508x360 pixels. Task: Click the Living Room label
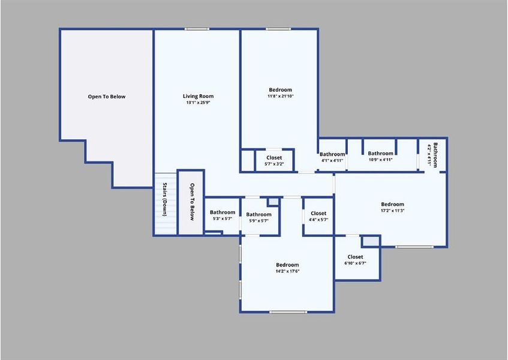click(198, 96)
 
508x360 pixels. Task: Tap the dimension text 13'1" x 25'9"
click(198, 103)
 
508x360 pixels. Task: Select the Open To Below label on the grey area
click(107, 97)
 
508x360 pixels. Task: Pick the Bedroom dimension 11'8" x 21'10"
click(280, 96)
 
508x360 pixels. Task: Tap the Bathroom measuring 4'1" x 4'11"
click(332, 157)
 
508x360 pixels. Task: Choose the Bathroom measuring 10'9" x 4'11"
click(380, 156)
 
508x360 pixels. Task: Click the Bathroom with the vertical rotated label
click(432, 154)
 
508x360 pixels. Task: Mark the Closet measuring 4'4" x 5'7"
click(318, 217)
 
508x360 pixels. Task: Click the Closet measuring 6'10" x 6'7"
click(355, 260)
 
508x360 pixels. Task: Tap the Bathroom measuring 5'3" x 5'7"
click(222, 215)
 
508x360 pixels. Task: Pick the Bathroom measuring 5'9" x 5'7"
click(258, 218)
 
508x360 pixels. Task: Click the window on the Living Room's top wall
click(197, 29)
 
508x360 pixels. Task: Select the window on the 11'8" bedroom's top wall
click(278, 29)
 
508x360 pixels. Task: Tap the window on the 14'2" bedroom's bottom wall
click(287, 311)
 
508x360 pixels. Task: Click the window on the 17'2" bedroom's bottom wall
click(414, 247)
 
